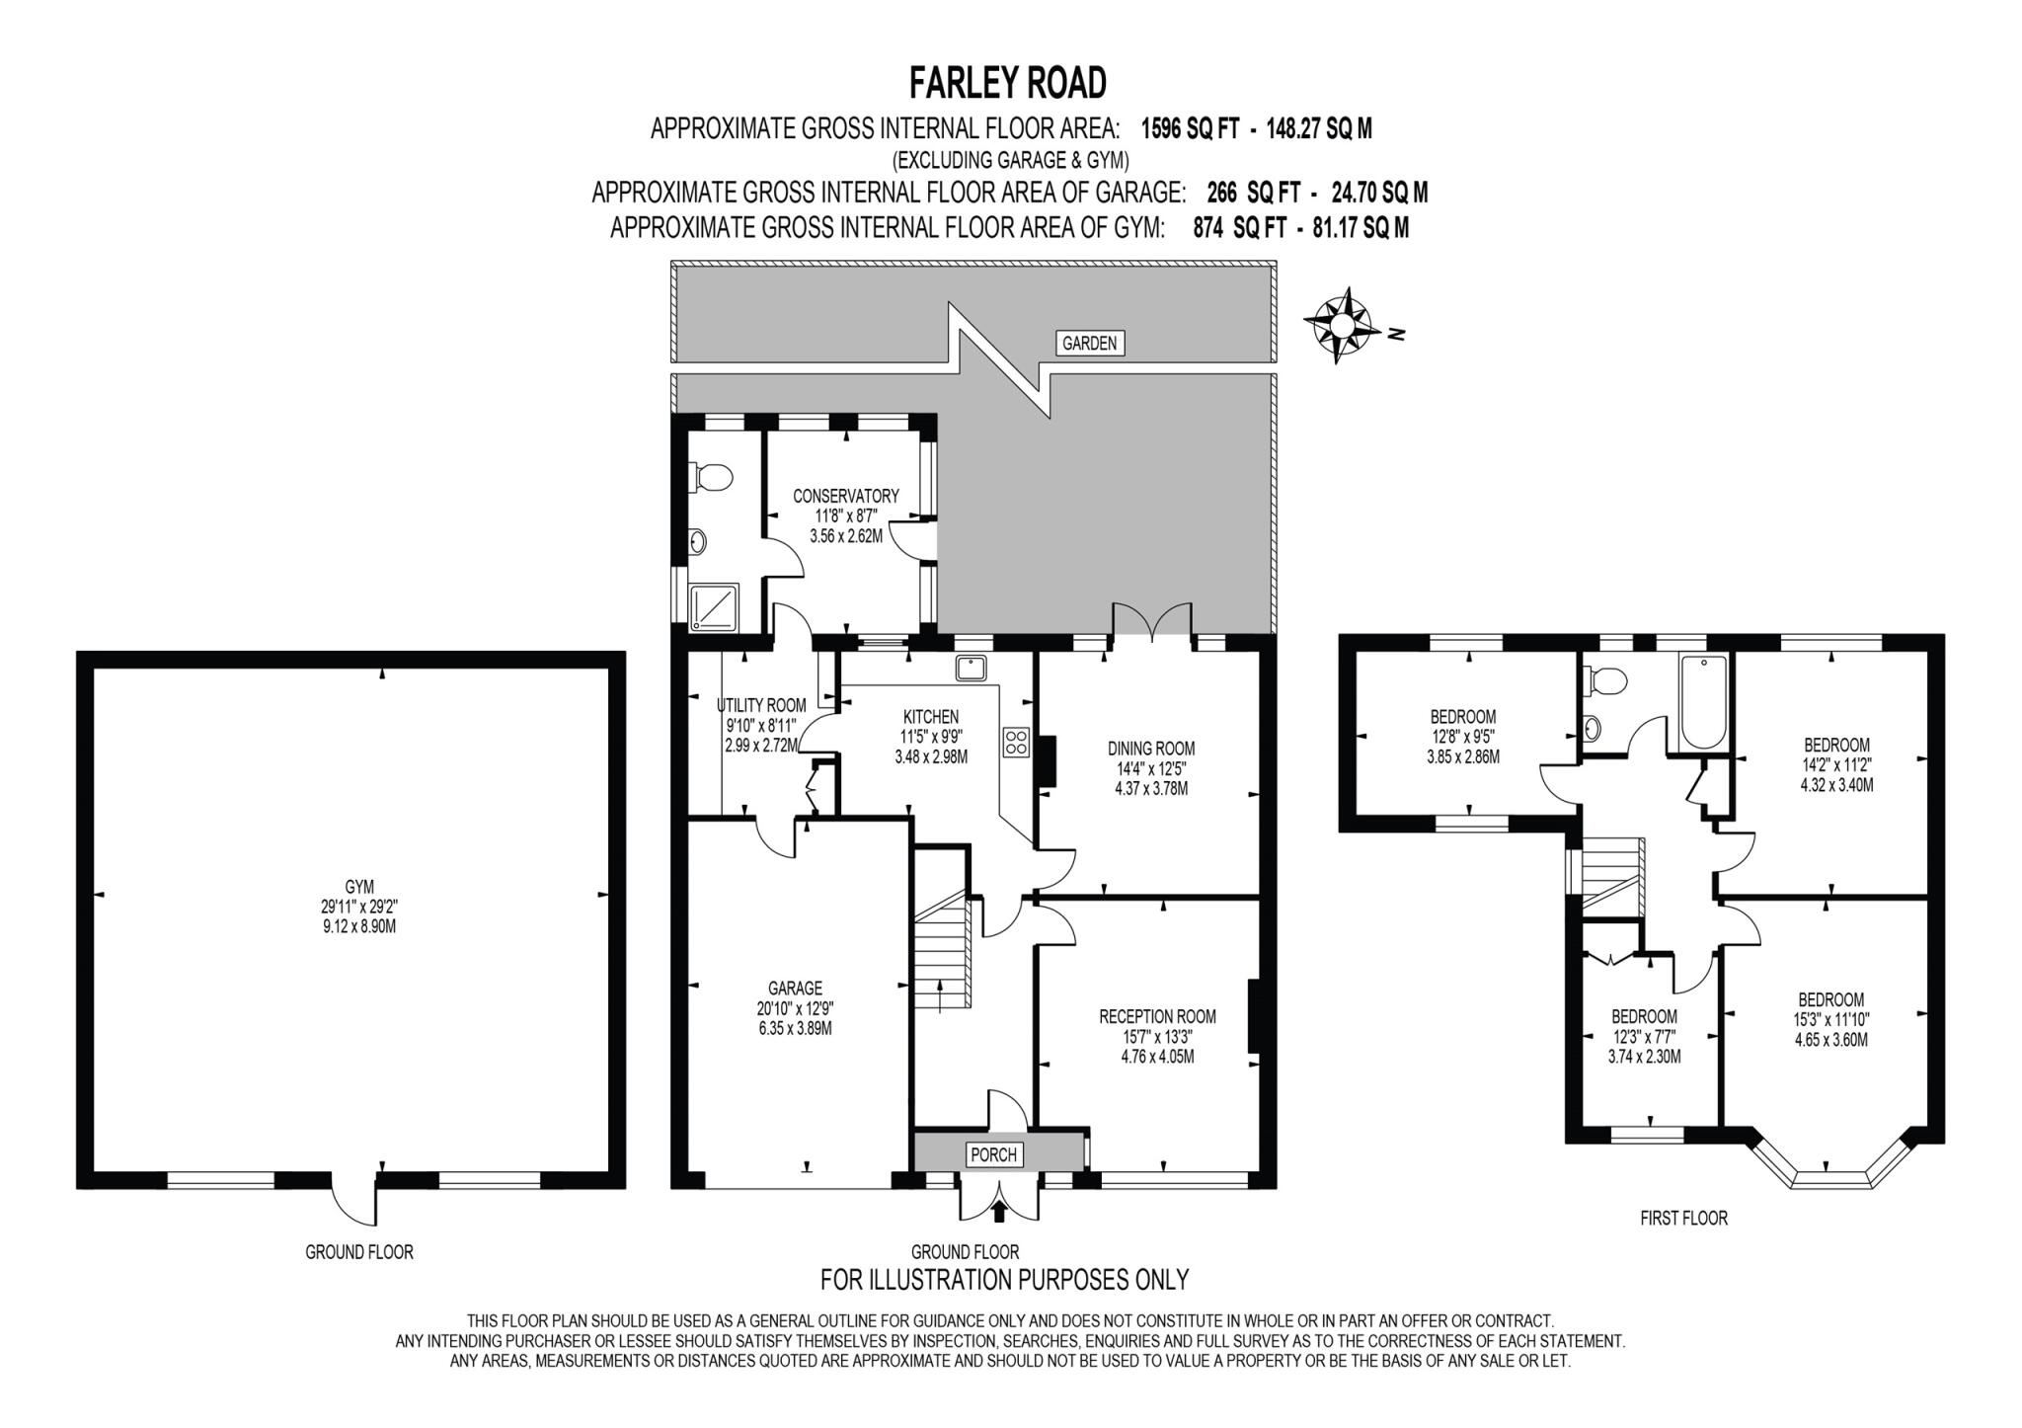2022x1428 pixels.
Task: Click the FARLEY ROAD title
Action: tap(1007, 84)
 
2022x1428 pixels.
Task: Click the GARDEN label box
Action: tap(1089, 343)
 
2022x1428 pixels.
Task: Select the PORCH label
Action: tap(993, 1154)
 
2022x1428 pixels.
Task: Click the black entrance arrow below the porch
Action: tap(999, 1209)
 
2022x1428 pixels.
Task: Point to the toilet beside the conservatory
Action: tap(712, 478)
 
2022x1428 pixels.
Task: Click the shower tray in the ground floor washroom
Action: tap(713, 606)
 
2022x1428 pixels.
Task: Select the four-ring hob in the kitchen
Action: tap(1016, 742)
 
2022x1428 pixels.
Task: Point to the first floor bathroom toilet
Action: tap(1606, 681)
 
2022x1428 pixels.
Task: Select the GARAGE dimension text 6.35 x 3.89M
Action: tap(795, 1028)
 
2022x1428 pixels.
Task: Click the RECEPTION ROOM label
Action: tap(1157, 1016)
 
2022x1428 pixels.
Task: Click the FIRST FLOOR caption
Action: tap(1683, 1218)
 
